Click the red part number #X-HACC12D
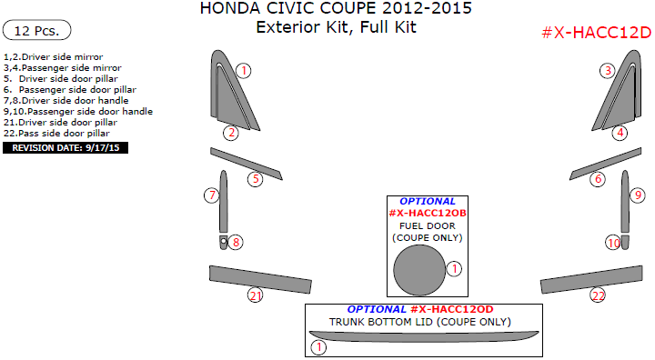[x=596, y=33]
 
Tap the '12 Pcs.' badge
[x=37, y=31]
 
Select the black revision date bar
[x=65, y=146]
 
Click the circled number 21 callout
[x=256, y=295]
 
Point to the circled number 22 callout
[x=598, y=295]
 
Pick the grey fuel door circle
[x=419, y=272]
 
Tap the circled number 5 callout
[x=257, y=179]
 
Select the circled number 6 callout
[x=598, y=179]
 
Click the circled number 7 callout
[x=211, y=195]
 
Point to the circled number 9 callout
[x=638, y=195]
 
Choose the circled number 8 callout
[x=236, y=242]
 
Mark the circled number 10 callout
[x=614, y=243]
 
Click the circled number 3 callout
[x=607, y=70]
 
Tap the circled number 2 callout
[x=232, y=133]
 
